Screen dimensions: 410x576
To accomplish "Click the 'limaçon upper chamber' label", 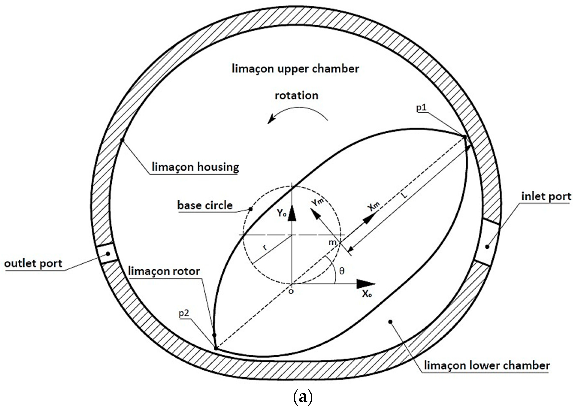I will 295,69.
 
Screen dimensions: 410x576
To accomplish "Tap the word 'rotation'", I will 296,96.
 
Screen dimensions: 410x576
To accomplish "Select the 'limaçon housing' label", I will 195,167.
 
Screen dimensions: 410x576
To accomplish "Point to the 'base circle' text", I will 205,205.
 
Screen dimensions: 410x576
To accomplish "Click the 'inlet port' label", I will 546,196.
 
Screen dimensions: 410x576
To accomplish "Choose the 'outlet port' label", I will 33,264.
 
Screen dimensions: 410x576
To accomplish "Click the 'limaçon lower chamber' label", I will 487,366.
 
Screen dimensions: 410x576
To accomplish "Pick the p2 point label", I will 184,313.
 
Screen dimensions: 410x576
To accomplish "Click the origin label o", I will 291,291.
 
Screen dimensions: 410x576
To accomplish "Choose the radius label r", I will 265,247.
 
